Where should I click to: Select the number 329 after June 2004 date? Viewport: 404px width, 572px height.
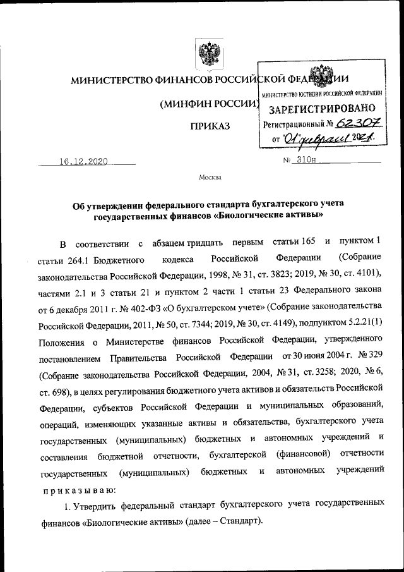click(373, 358)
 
